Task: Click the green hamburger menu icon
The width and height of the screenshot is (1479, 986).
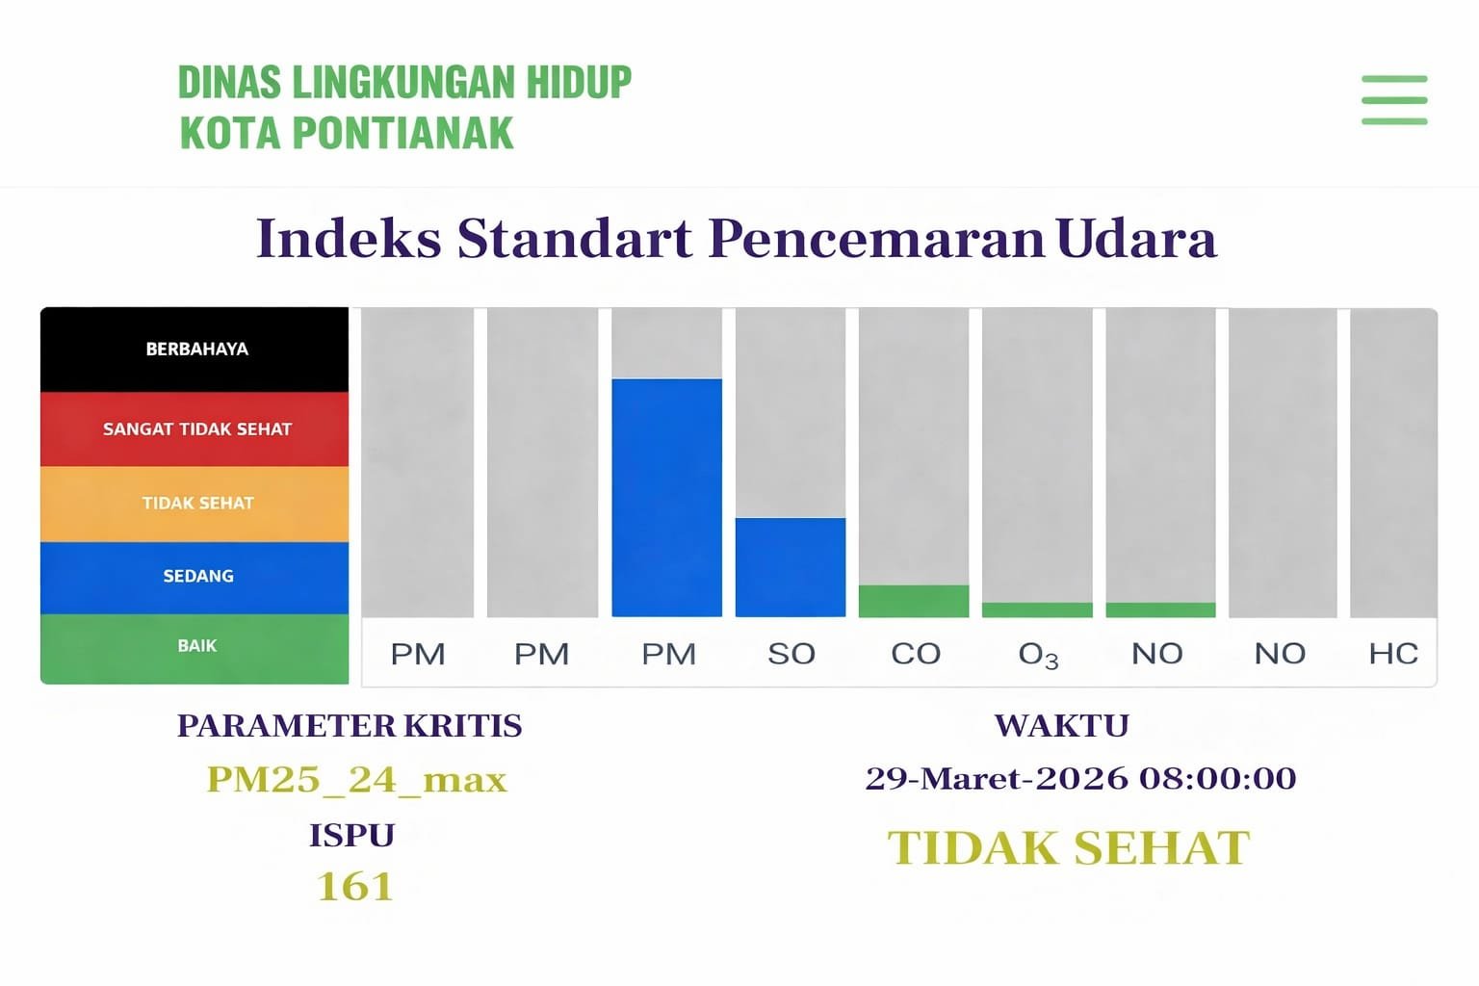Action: click(1393, 100)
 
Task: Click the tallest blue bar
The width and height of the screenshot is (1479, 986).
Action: click(666, 497)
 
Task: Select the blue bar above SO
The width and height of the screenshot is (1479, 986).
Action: click(790, 567)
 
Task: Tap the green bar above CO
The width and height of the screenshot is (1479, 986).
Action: click(913, 601)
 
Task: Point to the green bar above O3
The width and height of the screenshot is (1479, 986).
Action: click(1037, 610)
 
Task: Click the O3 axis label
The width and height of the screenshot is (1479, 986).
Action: click(1038, 655)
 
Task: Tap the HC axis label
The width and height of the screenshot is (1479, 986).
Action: click(1392, 654)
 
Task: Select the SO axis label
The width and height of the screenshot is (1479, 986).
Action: click(791, 654)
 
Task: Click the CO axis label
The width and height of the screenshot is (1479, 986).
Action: click(915, 654)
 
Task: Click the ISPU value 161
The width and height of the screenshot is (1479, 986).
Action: click(354, 886)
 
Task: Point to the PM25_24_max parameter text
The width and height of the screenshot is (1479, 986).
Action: click(356, 779)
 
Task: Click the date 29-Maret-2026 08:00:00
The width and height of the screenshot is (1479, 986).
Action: click(1080, 778)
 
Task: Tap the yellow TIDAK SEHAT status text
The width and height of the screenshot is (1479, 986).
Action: click(1069, 848)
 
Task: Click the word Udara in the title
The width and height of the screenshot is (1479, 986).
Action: click(1136, 238)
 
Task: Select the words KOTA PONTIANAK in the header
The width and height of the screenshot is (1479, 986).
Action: click(347, 133)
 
